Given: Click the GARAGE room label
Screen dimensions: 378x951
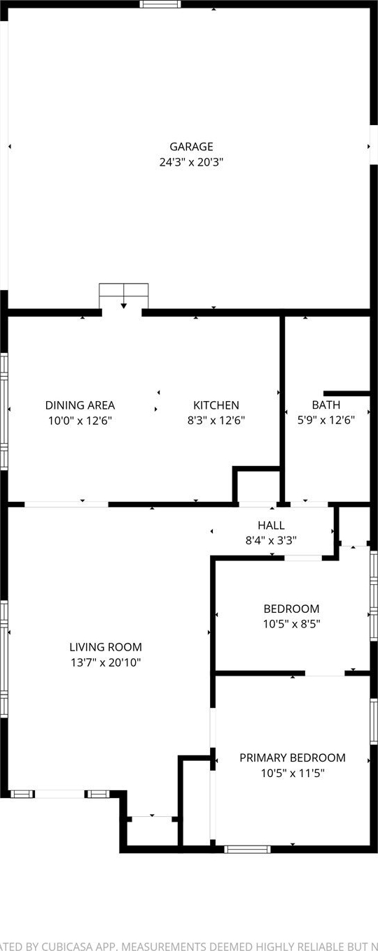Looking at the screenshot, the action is pos(191,147).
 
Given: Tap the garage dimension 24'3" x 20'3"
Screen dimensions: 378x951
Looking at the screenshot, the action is pos(191,162).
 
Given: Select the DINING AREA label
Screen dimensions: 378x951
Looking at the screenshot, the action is pos(80,405).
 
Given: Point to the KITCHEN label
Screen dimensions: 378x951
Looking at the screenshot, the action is pos(216,405).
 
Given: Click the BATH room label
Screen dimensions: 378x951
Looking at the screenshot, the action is pos(326,405).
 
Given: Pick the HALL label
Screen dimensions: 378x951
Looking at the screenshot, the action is pos(272,525).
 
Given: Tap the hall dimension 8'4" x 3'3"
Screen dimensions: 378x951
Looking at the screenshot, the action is pos(272,540).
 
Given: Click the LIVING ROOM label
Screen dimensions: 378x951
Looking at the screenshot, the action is pos(106,647).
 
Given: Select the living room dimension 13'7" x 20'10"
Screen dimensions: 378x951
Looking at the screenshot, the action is pos(106,662).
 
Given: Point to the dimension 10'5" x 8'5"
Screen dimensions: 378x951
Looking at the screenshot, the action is pos(292,624).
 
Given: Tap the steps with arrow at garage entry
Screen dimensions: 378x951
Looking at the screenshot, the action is pos(124,296).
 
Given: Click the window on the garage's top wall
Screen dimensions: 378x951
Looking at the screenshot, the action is pos(160,4).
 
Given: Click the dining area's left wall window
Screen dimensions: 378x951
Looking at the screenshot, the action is pos(4,411).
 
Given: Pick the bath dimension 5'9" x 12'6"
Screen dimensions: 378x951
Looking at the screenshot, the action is pos(326,421).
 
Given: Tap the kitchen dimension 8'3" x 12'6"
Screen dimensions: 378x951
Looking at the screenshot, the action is pos(216,421).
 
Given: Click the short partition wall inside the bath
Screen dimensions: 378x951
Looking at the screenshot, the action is pos(346,393).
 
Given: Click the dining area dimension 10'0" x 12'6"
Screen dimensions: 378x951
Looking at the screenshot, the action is pos(80,421).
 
